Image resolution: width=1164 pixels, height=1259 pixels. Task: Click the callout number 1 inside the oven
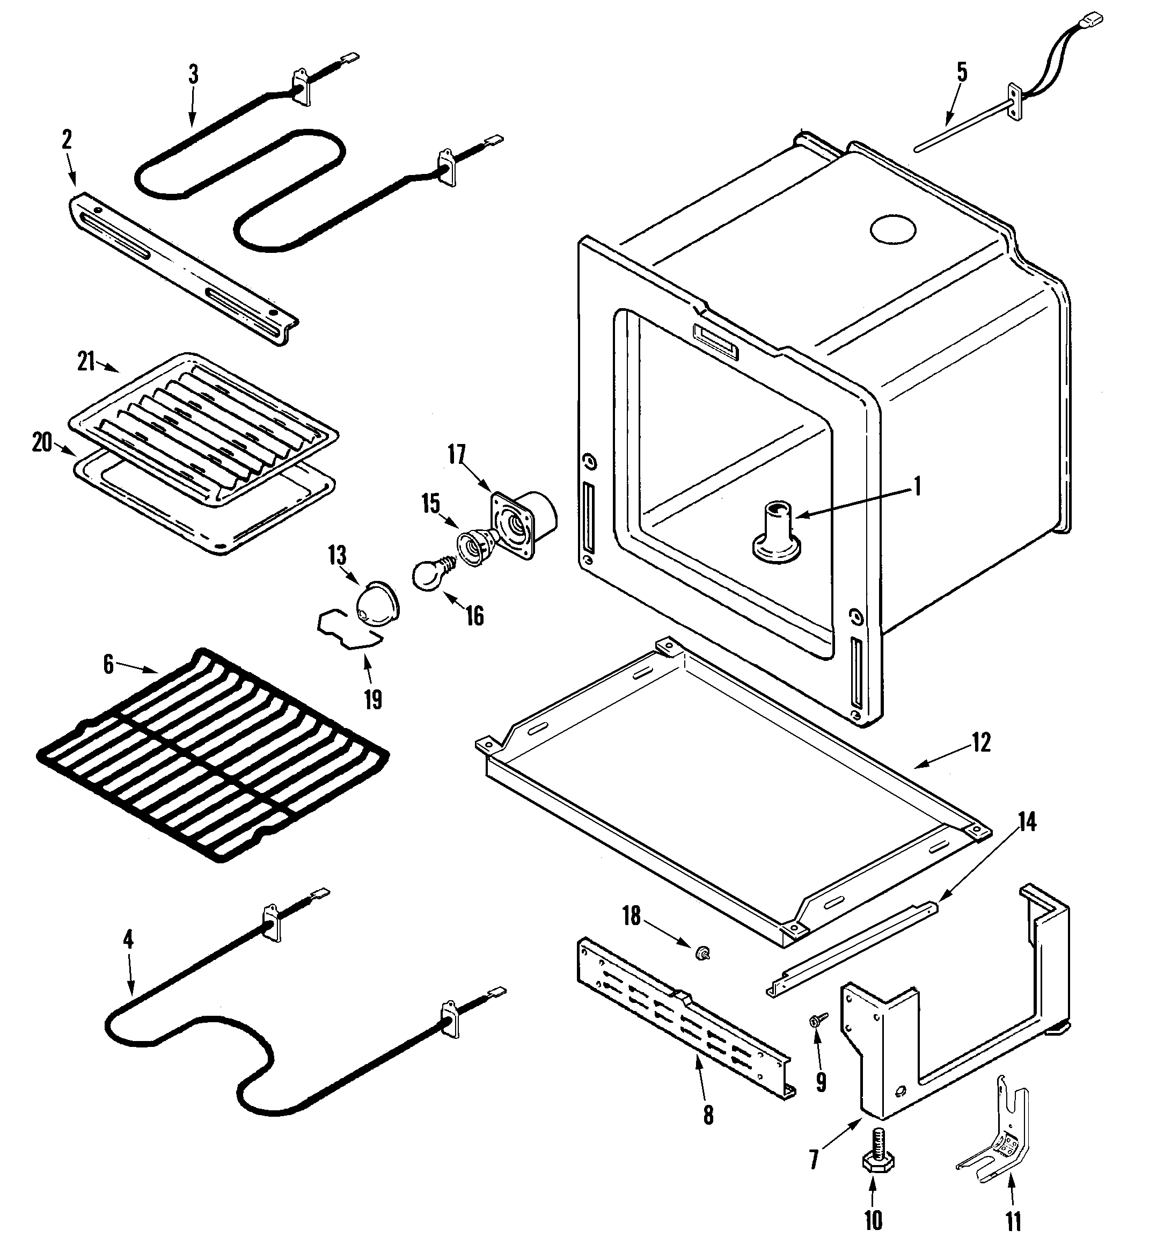coord(917,486)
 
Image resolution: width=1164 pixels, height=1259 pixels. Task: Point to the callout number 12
coord(982,743)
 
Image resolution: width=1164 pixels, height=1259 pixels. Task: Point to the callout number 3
coord(193,74)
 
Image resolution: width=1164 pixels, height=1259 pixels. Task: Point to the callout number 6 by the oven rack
coord(108,665)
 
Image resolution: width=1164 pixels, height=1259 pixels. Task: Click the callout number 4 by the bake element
coord(128,940)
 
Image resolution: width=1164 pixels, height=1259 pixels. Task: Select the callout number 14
coord(1027,823)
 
